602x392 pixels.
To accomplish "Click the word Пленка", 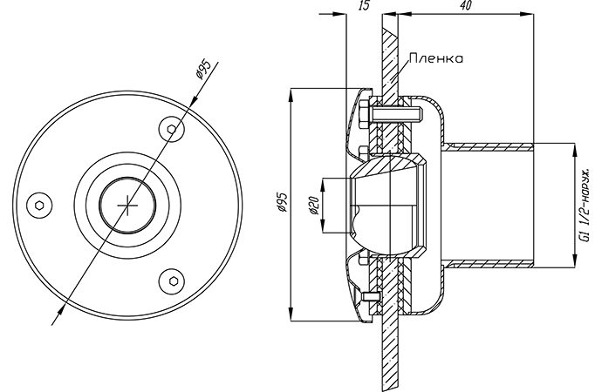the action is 435,58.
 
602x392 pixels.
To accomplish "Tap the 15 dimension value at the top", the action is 364,5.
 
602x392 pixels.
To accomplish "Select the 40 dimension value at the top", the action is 466,5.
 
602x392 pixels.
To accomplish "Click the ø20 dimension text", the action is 314,206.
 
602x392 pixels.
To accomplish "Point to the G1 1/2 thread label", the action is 585,206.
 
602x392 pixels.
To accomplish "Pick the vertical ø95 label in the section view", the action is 282,202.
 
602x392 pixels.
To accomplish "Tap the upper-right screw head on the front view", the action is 172,129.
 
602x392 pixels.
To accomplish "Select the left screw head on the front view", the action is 39,206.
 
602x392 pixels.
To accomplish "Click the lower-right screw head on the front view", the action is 172,281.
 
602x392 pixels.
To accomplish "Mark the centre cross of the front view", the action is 127,206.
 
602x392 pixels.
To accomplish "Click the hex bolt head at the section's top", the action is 364,114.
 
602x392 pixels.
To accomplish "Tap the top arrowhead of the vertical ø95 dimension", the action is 291,95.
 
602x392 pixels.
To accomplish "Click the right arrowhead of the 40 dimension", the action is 527,15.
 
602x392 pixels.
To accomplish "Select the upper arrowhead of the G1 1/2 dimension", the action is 574,149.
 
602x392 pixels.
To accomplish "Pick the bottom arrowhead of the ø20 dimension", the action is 324,226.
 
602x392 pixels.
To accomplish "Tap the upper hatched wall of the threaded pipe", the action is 488,146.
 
